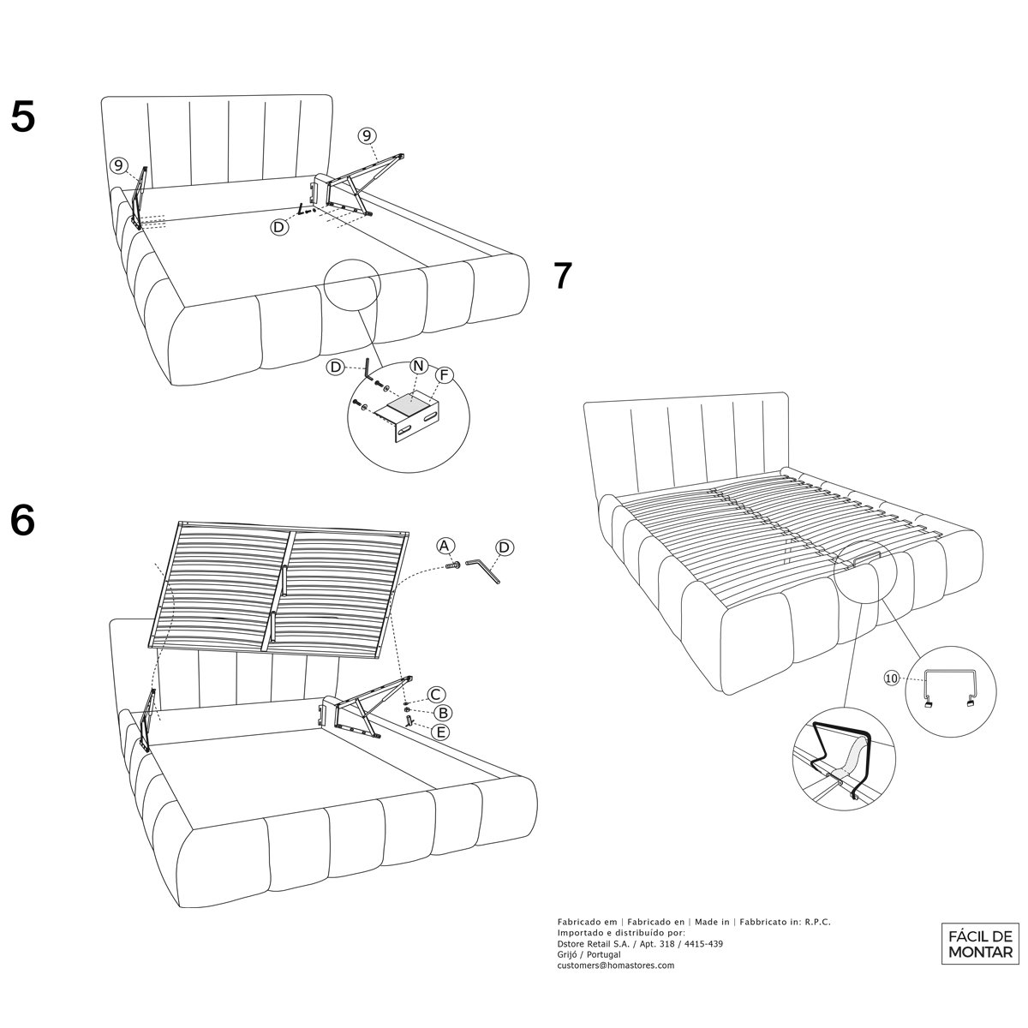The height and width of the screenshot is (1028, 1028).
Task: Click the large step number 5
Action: point(23,117)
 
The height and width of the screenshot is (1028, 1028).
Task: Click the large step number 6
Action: point(23,518)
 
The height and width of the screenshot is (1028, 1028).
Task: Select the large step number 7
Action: point(561,275)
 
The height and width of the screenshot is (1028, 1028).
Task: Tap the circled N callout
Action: point(418,366)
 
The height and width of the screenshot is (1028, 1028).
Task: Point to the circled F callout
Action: point(445,374)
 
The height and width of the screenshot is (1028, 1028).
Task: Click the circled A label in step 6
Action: point(444,545)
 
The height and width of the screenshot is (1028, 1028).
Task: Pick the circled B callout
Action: point(443,712)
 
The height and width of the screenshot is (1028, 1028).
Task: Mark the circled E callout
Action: point(441,732)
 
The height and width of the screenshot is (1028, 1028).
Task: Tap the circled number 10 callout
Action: point(892,678)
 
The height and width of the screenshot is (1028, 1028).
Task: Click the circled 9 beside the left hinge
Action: point(119,165)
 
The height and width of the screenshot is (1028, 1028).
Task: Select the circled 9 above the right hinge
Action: point(366,134)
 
